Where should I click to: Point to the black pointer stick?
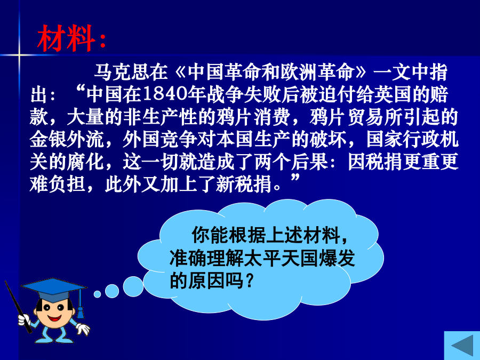[x=18, y=307]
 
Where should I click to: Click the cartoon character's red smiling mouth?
[x=54, y=318]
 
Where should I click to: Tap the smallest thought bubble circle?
[x=98, y=294]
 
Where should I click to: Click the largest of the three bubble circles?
[x=133, y=286]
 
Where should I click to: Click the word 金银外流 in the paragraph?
[x=67, y=139]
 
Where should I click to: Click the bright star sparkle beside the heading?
[x=19, y=55]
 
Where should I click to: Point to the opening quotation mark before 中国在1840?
[x=80, y=90]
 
